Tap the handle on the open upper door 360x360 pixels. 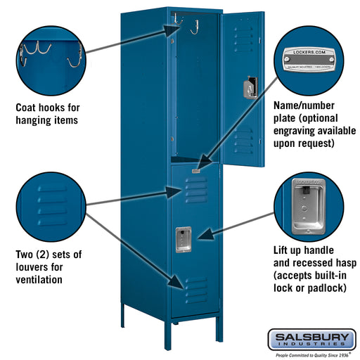[250, 88]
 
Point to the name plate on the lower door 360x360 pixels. [196, 169]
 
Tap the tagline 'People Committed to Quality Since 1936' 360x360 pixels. [310, 354]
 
